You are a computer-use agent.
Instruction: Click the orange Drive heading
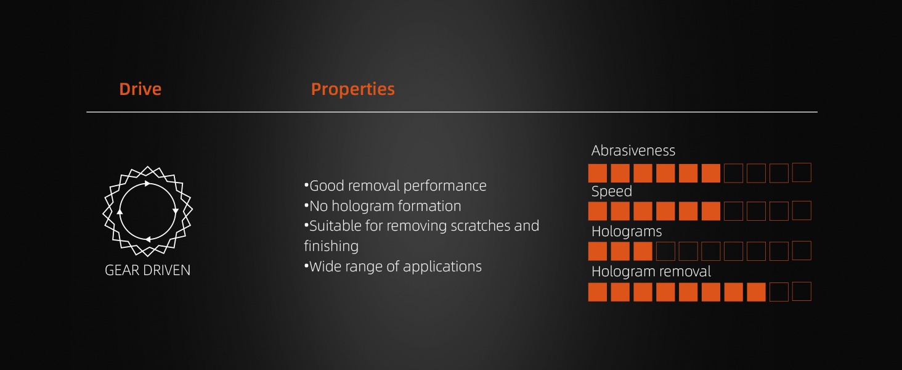(x=140, y=89)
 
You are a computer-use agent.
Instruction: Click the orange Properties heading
(x=353, y=89)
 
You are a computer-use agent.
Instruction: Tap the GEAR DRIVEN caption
(x=147, y=270)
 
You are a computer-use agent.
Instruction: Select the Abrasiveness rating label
(x=633, y=150)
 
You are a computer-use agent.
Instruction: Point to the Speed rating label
(x=611, y=191)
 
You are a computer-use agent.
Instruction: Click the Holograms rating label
(x=627, y=231)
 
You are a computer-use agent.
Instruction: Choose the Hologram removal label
(x=651, y=271)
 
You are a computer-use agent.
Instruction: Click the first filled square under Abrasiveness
(x=598, y=173)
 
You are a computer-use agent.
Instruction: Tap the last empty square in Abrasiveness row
(x=802, y=173)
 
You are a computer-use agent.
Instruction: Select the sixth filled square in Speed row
(x=711, y=211)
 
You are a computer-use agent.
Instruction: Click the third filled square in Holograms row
(x=643, y=251)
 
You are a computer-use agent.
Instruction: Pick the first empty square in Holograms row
(x=665, y=251)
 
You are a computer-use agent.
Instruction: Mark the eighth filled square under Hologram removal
(x=756, y=292)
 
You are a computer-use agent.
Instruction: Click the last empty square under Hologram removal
(x=802, y=292)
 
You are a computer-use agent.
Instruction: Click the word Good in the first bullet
(x=327, y=186)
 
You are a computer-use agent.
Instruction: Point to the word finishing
(x=331, y=246)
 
